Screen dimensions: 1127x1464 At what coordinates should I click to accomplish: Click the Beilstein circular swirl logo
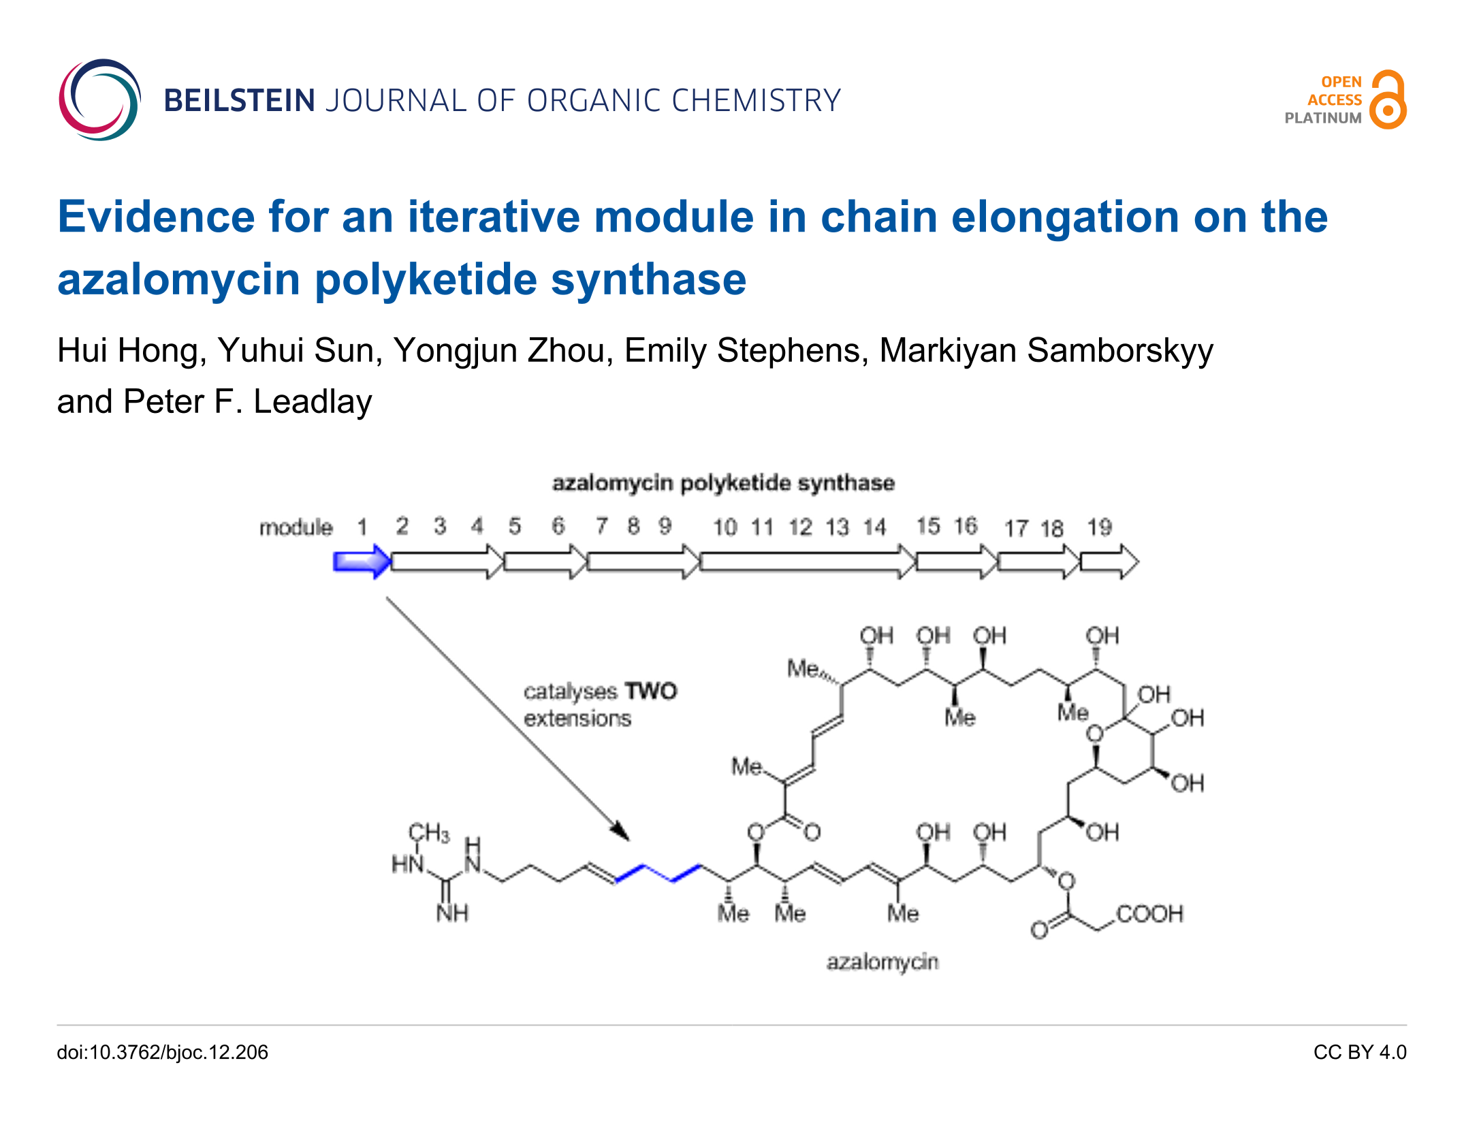[99, 100]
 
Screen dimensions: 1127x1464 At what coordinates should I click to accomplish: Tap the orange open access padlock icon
[1388, 100]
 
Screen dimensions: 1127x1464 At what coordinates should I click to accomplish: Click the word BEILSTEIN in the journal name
[239, 101]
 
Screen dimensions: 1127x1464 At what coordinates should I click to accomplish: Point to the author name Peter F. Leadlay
[248, 401]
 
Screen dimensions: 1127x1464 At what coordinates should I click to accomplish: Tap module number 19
[1099, 527]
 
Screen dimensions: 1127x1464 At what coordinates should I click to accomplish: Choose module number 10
[725, 527]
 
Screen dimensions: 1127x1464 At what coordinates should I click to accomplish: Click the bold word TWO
[651, 691]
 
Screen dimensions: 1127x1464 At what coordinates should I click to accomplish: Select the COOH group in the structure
[1149, 914]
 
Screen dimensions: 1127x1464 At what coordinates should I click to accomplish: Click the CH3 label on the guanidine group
[429, 833]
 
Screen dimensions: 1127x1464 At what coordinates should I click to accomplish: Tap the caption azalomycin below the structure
[882, 962]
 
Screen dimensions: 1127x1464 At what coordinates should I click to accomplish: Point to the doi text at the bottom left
[162, 1052]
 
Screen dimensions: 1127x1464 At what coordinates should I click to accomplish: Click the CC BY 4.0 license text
[1360, 1052]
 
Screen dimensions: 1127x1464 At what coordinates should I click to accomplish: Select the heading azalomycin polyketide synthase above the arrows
[723, 482]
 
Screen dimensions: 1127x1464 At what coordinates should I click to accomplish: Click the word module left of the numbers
[296, 527]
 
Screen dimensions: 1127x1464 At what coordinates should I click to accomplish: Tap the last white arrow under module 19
[1109, 562]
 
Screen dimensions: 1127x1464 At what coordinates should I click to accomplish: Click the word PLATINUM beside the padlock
[1322, 118]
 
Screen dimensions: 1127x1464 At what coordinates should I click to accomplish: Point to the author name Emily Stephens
[746, 351]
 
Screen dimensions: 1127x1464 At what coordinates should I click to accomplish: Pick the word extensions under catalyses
[577, 718]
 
